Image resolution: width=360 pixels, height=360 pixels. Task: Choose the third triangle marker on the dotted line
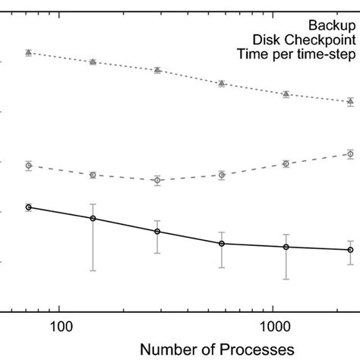click(x=157, y=70)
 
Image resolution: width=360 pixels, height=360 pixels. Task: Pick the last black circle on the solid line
click(x=350, y=250)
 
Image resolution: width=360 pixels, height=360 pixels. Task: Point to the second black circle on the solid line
click(x=93, y=219)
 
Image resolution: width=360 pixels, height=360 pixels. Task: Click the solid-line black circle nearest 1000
click(x=286, y=247)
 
